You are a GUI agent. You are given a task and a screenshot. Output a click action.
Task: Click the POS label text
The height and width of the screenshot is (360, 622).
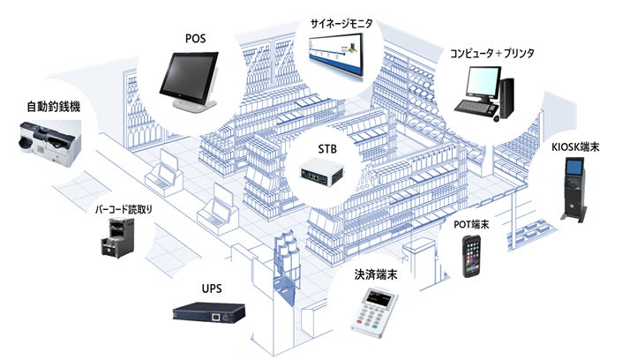[197, 38]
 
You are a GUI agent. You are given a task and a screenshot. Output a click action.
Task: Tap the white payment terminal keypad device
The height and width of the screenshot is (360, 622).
[373, 313]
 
